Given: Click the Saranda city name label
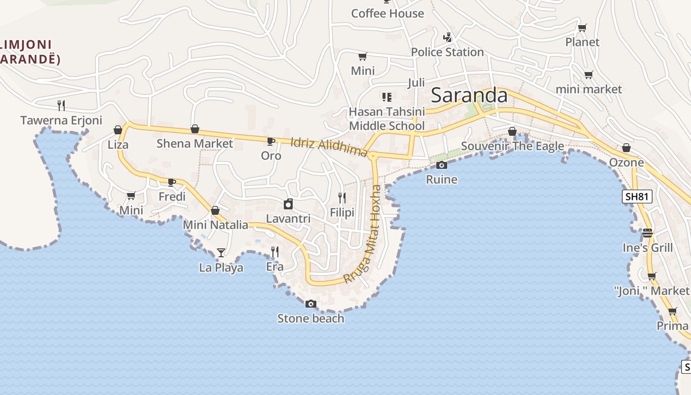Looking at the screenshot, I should (x=469, y=95).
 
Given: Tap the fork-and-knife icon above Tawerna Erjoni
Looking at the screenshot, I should (x=61, y=105).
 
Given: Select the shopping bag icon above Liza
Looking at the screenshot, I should (x=118, y=130).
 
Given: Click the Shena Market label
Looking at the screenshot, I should (x=194, y=144).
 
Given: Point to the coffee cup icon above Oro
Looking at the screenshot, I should (x=271, y=142).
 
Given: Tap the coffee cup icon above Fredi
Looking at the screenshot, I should (x=172, y=182).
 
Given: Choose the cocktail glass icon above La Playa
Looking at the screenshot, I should (x=221, y=253).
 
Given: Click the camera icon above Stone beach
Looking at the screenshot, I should (x=311, y=304).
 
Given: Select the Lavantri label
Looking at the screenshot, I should (x=288, y=218).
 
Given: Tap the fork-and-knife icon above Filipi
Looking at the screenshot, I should (x=342, y=198).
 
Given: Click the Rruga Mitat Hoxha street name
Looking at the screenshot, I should (x=363, y=234).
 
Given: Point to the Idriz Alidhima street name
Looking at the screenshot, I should (x=329, y=147).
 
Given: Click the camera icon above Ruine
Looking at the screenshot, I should (x=442, y=165).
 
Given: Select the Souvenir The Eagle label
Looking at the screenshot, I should (x=512, y=146).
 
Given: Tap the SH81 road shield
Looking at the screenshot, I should (x=637, y=197).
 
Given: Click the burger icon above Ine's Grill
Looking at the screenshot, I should (x=648, y=233).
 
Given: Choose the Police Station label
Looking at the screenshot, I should (x=447, y=52).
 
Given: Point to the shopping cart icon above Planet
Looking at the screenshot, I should (x=582, y=28).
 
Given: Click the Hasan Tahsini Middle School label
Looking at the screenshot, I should (x=386, y=119).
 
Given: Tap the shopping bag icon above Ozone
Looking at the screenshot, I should (x=626, y=148).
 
